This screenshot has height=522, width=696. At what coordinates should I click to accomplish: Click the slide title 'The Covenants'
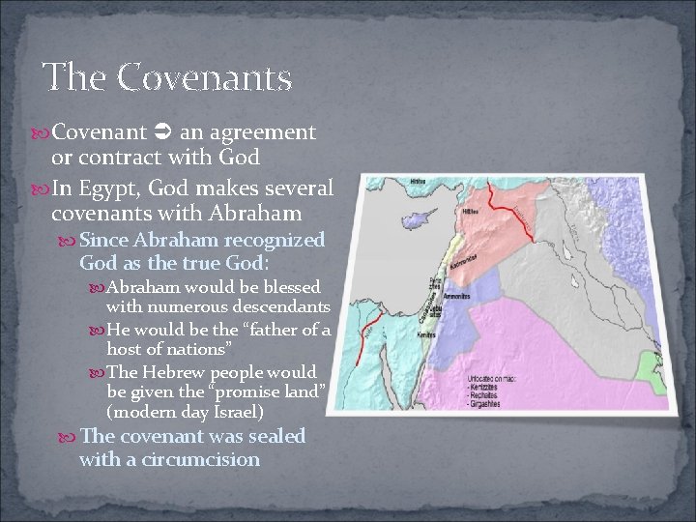pyautogui.click(x=167, y=77)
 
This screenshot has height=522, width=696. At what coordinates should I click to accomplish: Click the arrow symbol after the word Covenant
pyautogui.click(x=162, y=130)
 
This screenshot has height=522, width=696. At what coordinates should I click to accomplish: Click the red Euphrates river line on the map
pyautogui.click(x=507, y=207)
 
